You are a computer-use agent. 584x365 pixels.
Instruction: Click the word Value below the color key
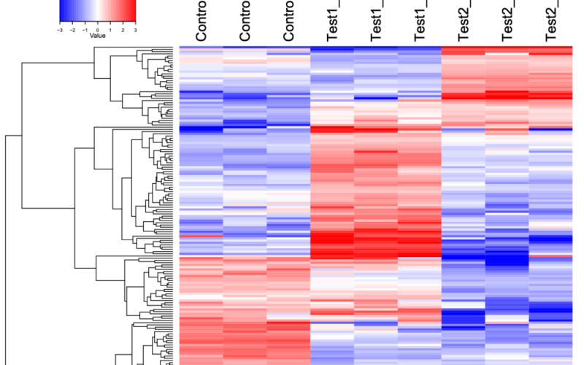tap(98, 34)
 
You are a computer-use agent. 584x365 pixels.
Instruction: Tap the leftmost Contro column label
tap(201, 22)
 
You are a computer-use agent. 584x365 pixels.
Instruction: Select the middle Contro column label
tap(245, 22)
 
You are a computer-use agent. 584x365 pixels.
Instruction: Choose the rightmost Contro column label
tap(289, 22)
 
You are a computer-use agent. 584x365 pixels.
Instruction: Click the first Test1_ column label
tap(333, 22)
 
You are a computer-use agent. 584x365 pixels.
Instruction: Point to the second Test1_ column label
tap(377, 22)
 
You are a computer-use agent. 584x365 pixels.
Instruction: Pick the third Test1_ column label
tap(420, 22)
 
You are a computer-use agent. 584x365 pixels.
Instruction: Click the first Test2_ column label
tap(464, 22)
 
